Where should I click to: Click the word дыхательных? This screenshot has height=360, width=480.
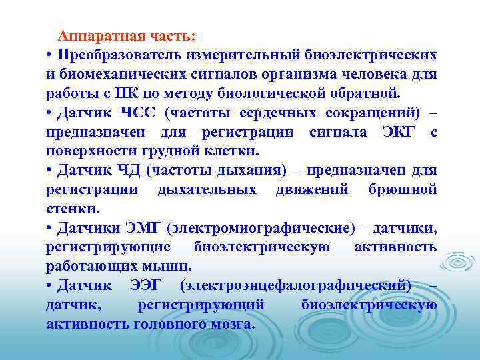pyautogui.click(x=207, y=189)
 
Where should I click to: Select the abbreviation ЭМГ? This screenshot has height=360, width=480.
pyautogui.click(x=141, y=228)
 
